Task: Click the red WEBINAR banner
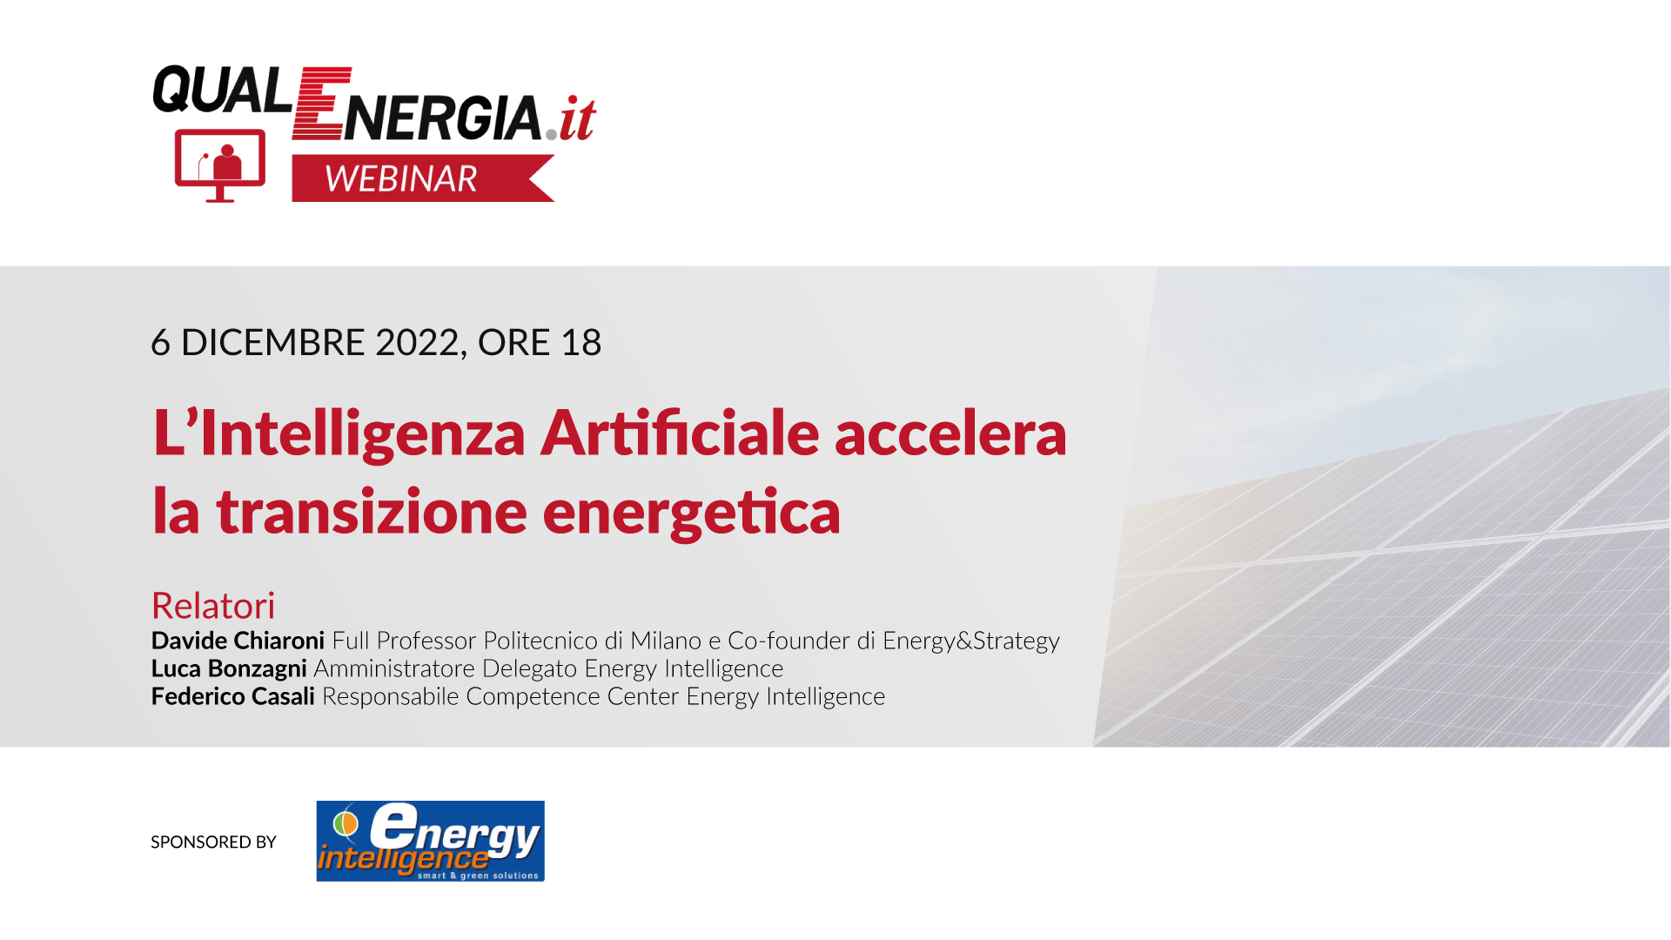423,178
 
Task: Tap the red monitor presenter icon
220,165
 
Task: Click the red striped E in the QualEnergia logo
320,104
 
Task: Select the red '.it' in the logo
571,119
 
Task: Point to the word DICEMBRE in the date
273,342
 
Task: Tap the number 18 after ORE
580,342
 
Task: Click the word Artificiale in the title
681,433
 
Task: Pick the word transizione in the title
372,512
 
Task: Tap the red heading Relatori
213,606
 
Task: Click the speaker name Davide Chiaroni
238,641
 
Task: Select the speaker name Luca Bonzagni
229,668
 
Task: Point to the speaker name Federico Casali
233,696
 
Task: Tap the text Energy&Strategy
971,641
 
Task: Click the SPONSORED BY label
213,842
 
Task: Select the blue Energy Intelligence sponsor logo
431,841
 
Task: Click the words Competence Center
572,696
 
